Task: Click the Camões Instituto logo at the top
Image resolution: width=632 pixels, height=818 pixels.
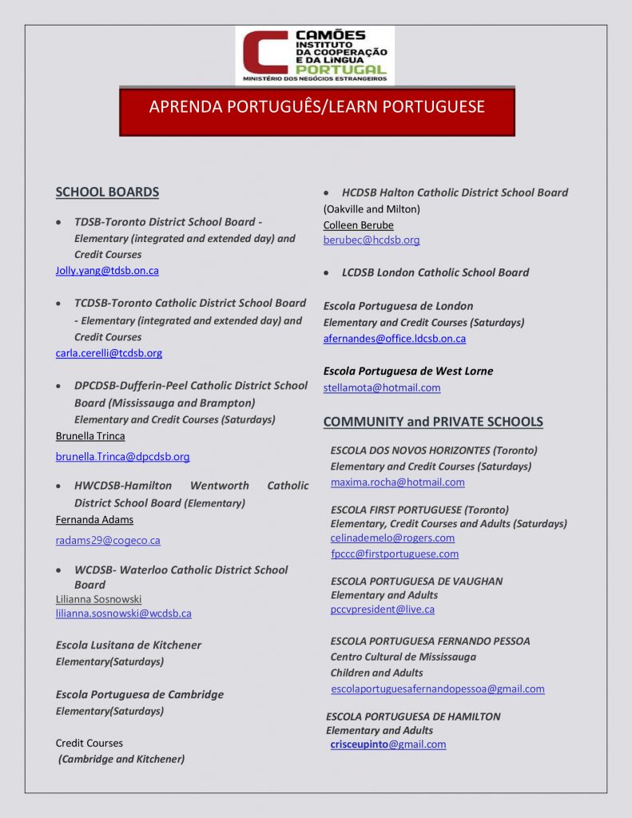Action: click(314, 55)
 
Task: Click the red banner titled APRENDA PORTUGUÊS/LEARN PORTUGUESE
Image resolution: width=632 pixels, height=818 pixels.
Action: click(316, 107)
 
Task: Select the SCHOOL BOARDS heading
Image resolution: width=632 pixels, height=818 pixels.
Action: click(107, 192)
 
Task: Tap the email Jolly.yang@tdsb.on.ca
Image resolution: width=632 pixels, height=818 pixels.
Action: click(107, 271)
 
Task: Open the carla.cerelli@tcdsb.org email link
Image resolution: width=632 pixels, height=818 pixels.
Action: click(109, 353)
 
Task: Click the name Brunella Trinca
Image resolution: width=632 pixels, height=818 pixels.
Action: click(90, 436)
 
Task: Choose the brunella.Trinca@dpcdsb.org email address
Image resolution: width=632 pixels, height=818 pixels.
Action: click(122, 457)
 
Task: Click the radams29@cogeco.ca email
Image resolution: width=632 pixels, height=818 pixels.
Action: click(108, 541)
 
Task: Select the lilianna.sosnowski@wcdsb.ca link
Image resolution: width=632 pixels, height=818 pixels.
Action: click(123, 613)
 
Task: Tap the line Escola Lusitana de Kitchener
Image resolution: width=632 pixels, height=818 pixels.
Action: click(128, 645)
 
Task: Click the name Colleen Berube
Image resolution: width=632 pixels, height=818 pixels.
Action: click(358, 225)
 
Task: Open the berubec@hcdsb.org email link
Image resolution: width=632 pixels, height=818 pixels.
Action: click(371, 240)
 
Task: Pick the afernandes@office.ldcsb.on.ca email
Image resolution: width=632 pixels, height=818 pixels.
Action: click(394, 339)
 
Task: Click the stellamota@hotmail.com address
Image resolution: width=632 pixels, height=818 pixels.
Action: click(381, 388)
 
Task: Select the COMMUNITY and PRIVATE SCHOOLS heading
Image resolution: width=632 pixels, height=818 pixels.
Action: click(432, 422)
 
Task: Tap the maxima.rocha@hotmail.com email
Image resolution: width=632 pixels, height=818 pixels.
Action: click(397, 482)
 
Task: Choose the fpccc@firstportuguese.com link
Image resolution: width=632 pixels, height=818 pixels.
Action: click(395, 554)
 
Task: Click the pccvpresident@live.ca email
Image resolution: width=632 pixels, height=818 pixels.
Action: click(382, 610)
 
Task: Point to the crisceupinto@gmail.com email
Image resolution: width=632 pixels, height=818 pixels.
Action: click(388, 745)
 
